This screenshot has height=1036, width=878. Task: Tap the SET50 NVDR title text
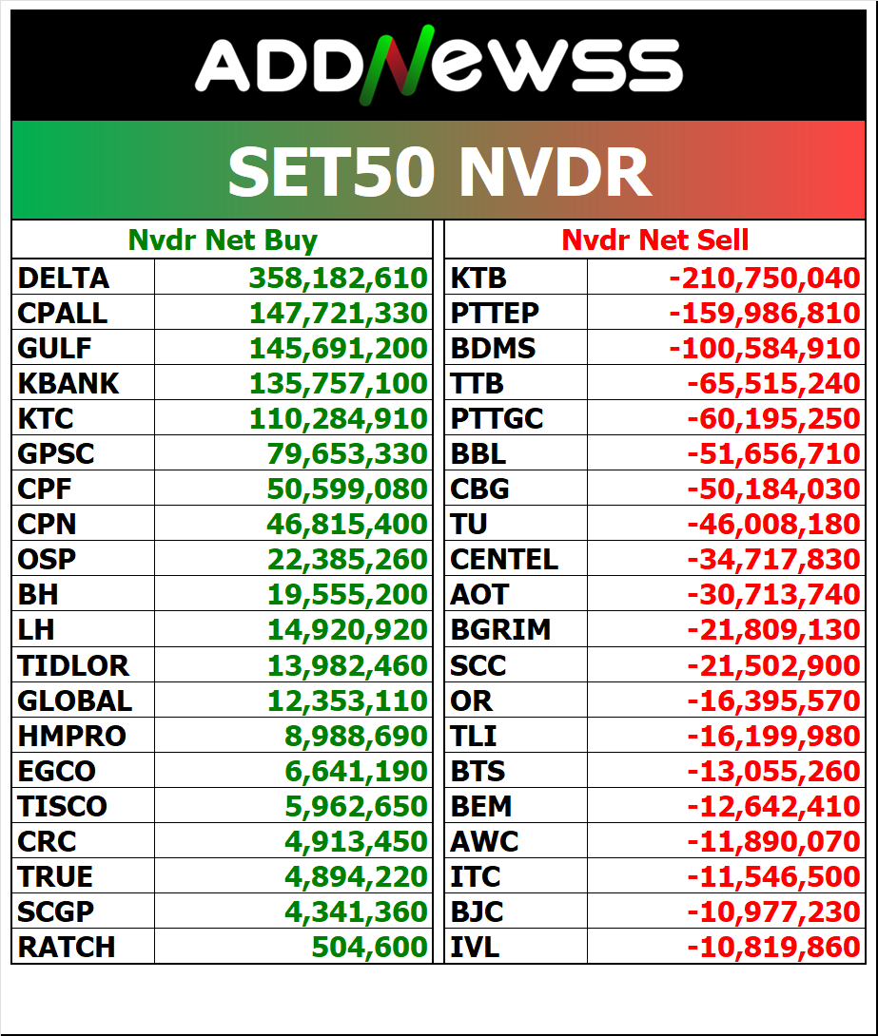click(439, 172)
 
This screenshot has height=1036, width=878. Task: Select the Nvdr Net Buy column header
click(223, 240)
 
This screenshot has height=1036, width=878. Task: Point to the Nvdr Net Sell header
click(655, 240)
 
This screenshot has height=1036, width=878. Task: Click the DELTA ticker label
click(64, 278)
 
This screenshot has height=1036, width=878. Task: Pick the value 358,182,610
click(338, 278)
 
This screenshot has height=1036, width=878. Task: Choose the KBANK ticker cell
click(68, 384)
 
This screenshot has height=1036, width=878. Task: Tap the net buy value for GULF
click(338, 349)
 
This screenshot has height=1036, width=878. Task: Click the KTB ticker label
click(478, 278)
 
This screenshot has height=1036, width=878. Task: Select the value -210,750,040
click(764, 278)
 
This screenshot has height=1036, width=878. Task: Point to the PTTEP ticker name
click(495, 314)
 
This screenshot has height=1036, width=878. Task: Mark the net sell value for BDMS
click(764, 349)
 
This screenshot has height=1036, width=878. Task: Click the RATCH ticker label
click(67, 947)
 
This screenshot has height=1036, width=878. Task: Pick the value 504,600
click(369, 947)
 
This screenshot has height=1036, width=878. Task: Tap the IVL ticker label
click(475, 947)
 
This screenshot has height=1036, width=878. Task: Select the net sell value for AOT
click(772, 595)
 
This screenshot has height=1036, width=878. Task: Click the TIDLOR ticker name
click(73, 665)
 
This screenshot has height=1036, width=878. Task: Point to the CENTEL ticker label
click(504, 560)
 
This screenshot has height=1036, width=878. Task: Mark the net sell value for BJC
click(772, 911)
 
